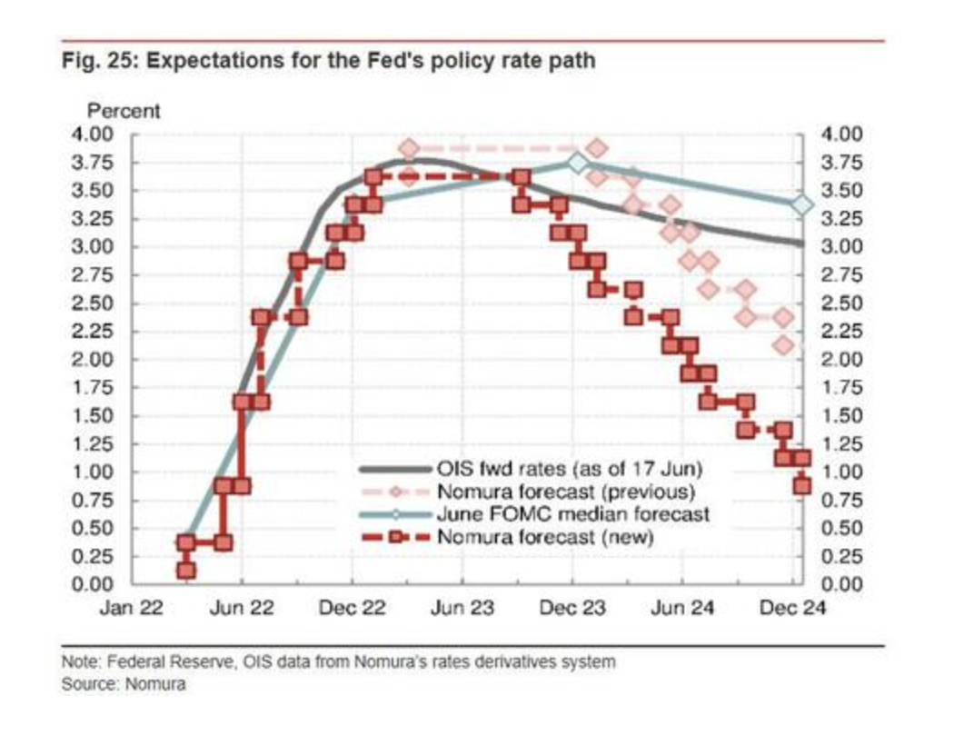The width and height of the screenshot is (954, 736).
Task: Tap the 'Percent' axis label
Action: click(x=123, y=112)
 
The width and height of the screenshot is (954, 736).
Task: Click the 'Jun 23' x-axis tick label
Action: click(x=462, y=608)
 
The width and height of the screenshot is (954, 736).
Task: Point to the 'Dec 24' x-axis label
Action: click(x=792, y=608)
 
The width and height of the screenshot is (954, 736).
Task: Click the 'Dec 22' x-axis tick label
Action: click(x=352, y=608)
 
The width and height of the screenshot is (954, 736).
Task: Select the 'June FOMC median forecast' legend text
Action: click(x=572, y=515)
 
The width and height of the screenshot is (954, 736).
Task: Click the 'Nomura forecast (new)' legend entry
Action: click(x=546, y=537)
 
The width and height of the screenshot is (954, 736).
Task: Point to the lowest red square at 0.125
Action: click(x=186, y=570)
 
